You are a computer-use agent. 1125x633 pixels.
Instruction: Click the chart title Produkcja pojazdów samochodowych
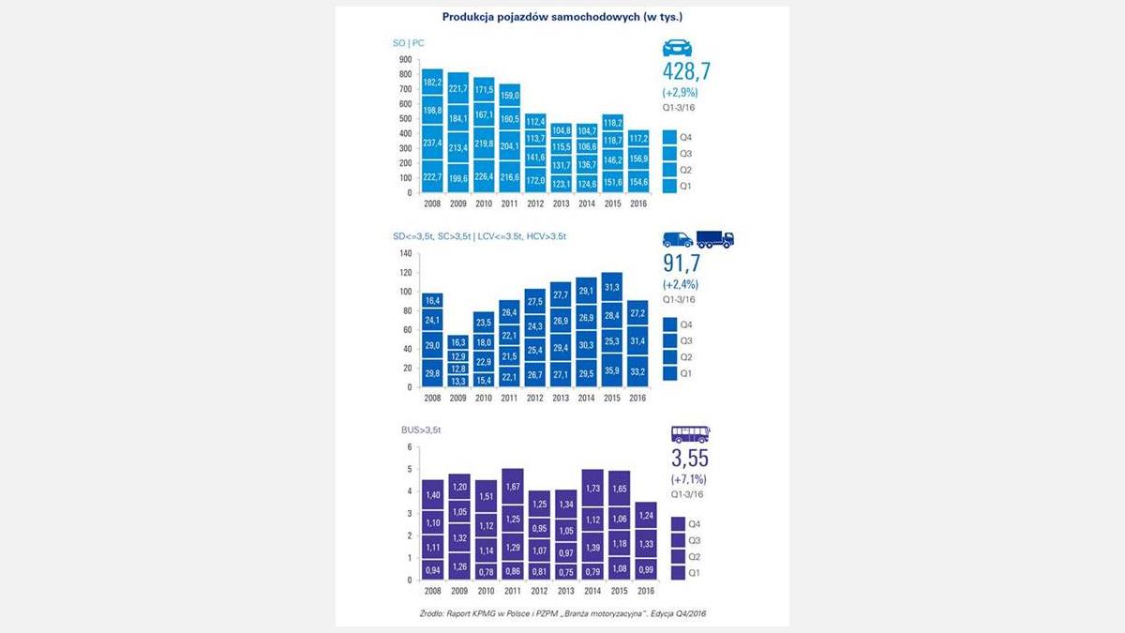[562, 18]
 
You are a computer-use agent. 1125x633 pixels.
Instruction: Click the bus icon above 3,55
[690, 434]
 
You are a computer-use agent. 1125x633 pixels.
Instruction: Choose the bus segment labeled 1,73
[592, 489]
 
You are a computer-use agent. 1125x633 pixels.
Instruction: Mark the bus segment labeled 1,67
[513, 488]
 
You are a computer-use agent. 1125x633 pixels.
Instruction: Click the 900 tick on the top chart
[405, 58]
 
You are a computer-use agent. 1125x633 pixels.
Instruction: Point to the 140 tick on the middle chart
[405, 253]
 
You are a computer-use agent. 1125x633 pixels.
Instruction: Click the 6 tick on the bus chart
[409, 447]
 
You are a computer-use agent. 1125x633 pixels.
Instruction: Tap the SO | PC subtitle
[408, 42]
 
